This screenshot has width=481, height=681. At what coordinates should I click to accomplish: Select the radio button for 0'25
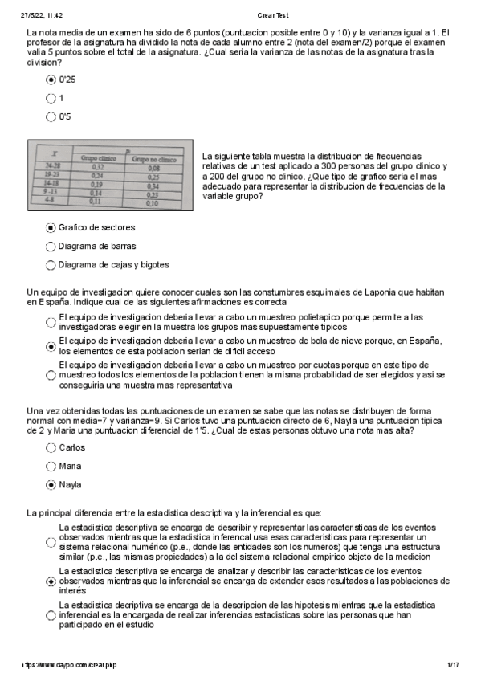point(51,80)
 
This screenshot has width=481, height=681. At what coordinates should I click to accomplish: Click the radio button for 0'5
point(51,116)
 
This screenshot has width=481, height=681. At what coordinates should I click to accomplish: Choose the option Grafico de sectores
point(51,228)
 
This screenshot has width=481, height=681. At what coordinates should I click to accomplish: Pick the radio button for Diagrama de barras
point(51,247)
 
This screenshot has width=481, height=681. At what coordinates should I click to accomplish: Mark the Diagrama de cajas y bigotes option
point(51,265)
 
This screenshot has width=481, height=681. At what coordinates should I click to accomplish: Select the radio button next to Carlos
point(51,448)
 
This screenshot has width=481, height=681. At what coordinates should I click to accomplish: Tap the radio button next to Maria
point(51,467)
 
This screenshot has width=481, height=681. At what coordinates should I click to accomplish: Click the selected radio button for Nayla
point(51,485)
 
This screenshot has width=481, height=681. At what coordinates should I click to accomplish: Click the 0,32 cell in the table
point(97,166)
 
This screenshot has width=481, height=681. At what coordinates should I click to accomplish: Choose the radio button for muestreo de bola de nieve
point(51,346)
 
